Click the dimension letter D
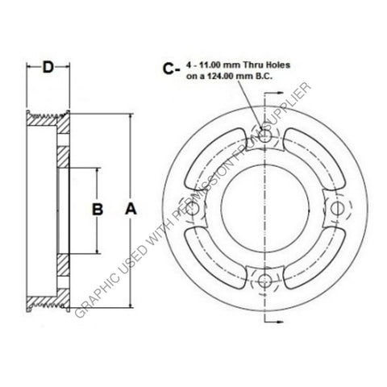(48, 68)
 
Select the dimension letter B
(96, 210)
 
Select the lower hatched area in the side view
(64, 264)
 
